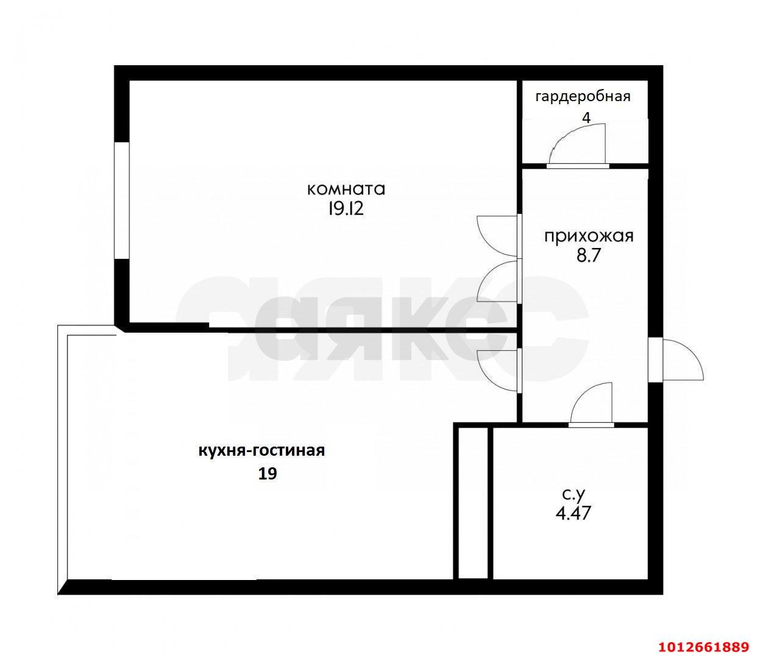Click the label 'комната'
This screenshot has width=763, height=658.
(x=346, y=189)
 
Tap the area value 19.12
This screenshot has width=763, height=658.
(x=346, y=210)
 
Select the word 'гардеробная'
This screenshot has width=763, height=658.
(x=583, y=96)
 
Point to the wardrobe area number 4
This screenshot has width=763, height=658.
(x=586, y=118)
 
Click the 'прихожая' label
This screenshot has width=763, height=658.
(x=589, y=236)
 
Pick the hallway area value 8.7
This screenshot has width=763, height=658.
(x=589, y=256)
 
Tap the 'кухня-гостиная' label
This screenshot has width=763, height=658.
(x=261, y=451)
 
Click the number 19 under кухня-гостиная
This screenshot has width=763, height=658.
(x=268, y=474)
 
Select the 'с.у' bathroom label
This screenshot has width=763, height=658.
(x=573, y=493)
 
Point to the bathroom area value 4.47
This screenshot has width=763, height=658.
(x=573, y=513)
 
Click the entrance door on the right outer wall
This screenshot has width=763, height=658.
(x=676, y=359)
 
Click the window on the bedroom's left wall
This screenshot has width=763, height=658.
(x=122, y=201)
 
